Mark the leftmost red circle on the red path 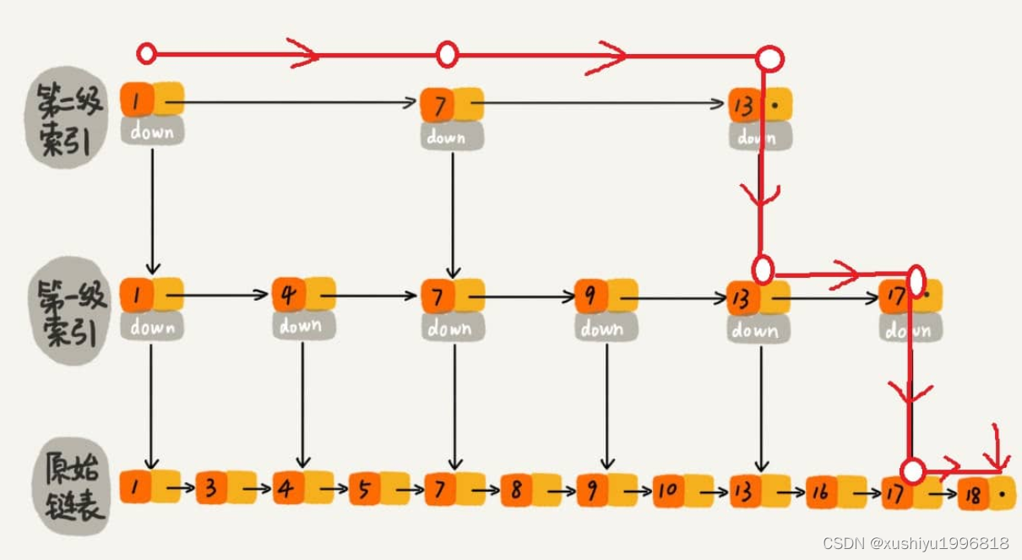pos(146,54)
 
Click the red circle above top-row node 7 pos(447,55)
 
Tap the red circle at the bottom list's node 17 pos(911,470)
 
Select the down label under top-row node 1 pos(152,133)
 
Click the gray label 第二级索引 pos(70,122)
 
